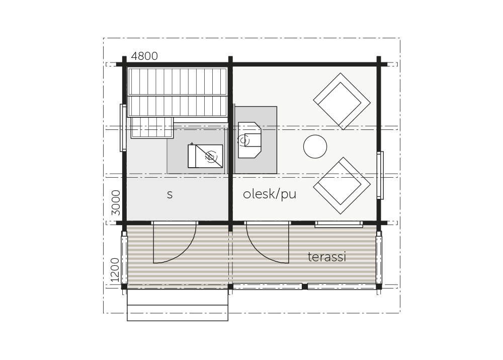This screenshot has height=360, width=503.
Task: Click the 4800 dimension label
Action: click(x=144, y=56)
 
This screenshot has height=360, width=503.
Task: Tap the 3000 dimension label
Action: click(x=116, y=202)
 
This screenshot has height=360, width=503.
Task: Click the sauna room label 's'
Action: click(x=170, y=195)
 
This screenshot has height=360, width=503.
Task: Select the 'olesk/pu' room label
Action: click(x=270, y=194)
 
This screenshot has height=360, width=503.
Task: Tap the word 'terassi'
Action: click(x=326, y=257)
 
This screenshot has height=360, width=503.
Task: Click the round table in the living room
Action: click(x=315, y=147)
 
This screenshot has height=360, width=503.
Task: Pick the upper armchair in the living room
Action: click(x=342, y=101)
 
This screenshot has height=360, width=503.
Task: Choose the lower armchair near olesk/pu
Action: click(x=342, y=186)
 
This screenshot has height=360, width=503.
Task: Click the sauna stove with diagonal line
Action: click(x=205, y=156)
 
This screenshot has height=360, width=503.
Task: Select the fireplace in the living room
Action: click(x=249, y=139)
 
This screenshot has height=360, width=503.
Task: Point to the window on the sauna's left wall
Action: click(x=123, y=127)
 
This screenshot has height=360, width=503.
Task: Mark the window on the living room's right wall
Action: click(x=380, y=175)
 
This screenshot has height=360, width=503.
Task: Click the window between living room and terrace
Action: click(x=339, y=224)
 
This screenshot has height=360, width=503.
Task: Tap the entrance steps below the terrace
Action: click(x=178, y=305)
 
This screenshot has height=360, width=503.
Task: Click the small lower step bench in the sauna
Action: click(x=152, y=127)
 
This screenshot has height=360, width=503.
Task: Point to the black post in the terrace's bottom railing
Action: click(x=304, y=286)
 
